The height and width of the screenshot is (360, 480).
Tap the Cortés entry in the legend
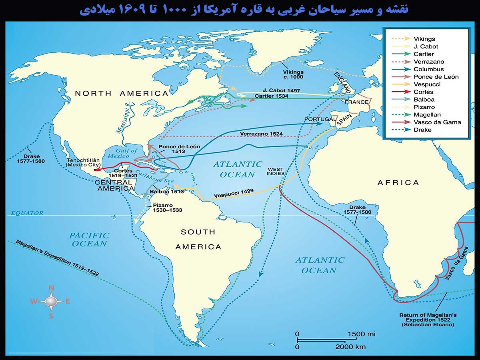click(424, 92)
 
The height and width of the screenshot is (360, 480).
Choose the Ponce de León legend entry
click(436, 76)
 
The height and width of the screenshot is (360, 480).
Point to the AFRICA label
click(398, 183)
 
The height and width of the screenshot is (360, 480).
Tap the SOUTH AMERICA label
click(198, 239)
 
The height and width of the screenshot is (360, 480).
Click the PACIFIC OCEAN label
click(89, 239)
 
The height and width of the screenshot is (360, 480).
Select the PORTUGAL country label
click(318, 119)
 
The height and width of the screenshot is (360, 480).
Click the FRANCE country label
click(356, 102)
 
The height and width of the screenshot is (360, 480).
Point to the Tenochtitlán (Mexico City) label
click(84, 162)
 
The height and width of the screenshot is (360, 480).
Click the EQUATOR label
click(27, 213)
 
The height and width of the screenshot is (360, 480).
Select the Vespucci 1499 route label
click(234, 193)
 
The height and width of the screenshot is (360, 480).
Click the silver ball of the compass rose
click(51, 301)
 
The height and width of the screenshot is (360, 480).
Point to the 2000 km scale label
click(350, 347)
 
